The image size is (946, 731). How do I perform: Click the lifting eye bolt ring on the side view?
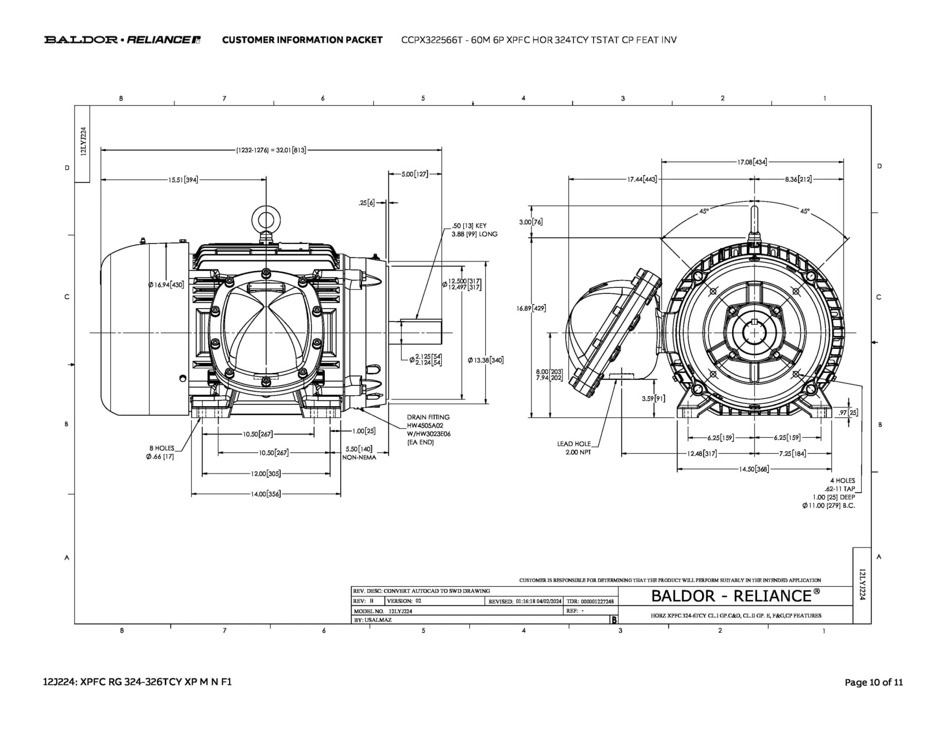[266, 218]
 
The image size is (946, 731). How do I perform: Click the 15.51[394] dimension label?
[183, 180]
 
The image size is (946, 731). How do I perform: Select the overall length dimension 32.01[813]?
[271, 150]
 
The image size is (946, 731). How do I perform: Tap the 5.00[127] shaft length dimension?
[415, 174]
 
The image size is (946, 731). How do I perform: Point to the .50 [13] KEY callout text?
[469, 226]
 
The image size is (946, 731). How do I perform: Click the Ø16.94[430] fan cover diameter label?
[166, 285]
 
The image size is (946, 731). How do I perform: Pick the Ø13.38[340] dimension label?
[485, 360]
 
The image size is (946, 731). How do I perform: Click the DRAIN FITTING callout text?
[428, 417]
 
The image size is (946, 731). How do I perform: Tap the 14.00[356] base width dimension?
[266, 494]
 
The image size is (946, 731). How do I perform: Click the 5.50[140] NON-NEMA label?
[359, 453]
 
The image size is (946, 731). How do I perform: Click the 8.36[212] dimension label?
[798, 179]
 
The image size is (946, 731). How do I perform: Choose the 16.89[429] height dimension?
[531, 308]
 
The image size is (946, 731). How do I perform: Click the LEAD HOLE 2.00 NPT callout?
[574, 448]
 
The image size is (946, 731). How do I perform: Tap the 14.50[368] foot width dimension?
[754, 469]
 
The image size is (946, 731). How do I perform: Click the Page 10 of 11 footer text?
[873, 682]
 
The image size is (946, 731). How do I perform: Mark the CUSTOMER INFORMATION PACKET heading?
[302, 40]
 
